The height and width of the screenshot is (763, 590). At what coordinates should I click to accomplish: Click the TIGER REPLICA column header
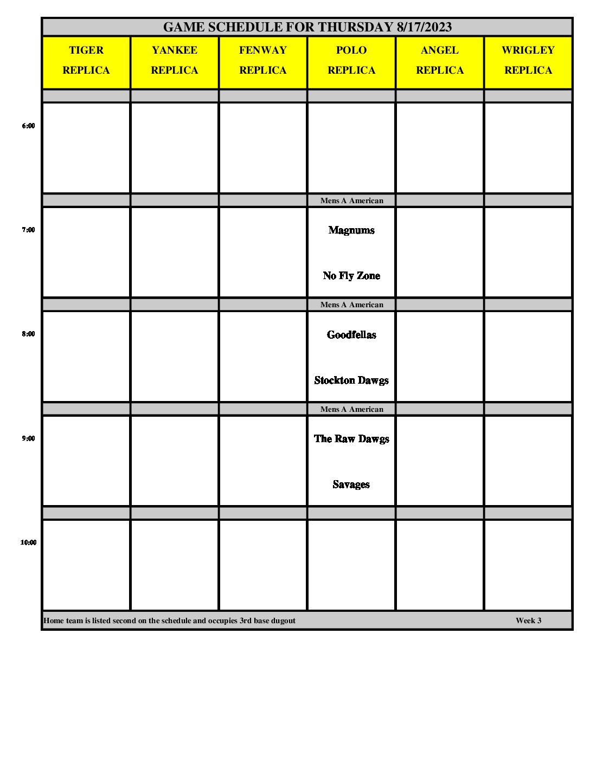(x=86, y=60)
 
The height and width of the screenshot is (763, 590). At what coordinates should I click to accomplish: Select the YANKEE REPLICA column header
(x=175, y=60)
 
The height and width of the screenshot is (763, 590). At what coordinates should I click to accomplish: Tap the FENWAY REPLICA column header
(x=263, y=60)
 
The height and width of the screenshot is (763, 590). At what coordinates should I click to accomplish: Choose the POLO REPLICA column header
(x=351, y=60)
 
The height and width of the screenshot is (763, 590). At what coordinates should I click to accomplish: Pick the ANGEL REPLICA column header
(x=440, y=60)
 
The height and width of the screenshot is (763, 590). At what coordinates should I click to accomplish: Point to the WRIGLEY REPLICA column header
(x=528, y=60)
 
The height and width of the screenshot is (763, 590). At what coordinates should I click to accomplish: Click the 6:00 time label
(x=28, y=126)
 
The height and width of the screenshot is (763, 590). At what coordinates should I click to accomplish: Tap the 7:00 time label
(x=28, y=230)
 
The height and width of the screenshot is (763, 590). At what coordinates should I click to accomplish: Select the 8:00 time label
(x=28, y=334)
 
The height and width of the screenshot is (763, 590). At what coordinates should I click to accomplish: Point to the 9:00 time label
(x=28, y=438)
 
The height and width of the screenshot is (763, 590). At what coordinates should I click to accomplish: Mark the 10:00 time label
(x=28, y=542)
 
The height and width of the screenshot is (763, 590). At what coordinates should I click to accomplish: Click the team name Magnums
(x=351, y=230)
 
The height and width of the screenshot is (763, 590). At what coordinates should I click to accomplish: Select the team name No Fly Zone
(x=351, y=276)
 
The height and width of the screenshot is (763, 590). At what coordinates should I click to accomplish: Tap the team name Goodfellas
(x=351, y=335)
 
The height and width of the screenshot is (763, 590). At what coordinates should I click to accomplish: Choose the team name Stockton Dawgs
(x=351, y=380)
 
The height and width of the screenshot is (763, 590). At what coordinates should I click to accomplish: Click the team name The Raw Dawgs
(x=351, y=439)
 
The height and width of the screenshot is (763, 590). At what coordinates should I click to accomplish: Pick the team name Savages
(x=351, y=484)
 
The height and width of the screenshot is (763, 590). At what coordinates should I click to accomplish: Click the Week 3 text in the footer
(x=528, y=620)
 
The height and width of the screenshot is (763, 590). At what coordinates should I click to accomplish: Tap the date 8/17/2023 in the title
(x=424, y=27)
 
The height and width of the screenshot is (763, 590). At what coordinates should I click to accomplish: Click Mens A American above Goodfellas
(x=351, y=305)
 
